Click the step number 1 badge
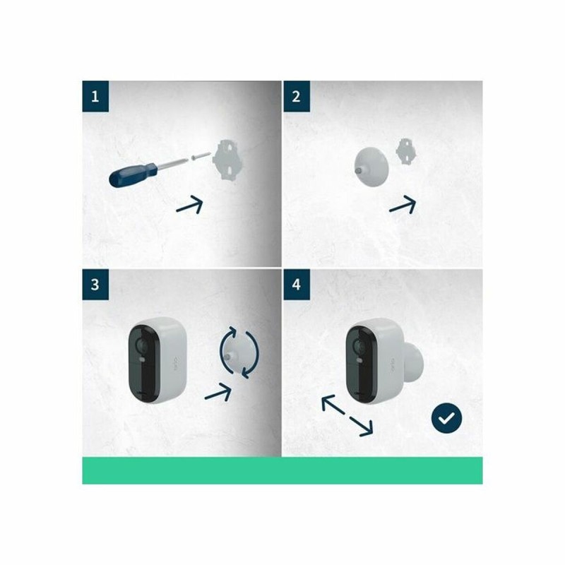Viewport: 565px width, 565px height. point(95,96)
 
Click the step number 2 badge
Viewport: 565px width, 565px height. point(296,96)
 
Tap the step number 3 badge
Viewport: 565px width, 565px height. point(95,285)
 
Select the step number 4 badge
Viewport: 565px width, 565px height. point(296,285)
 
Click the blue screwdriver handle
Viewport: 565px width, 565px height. point(133,174)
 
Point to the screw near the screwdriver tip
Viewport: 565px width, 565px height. point(201,155)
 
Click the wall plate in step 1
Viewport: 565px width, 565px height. point(227,160)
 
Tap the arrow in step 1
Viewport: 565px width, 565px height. point(189,205)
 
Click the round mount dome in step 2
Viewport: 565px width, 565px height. point(371,167)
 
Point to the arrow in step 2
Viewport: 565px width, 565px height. point(403,204)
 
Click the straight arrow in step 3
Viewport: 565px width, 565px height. point(218,392)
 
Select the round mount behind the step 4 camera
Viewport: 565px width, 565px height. point(414,362)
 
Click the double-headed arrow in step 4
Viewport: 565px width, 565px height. point(347,415)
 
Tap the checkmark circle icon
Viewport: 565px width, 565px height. point(446,418)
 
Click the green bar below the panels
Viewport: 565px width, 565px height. point(282,470)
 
